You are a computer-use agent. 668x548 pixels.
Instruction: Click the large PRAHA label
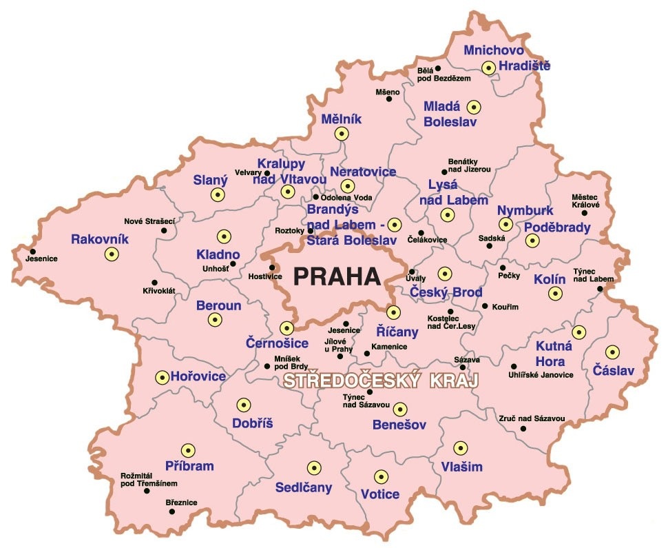(x=337, y=276)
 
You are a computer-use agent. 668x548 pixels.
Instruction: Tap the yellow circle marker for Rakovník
(x=111, y=254)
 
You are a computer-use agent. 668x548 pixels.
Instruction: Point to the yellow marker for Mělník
(x=340, y=134)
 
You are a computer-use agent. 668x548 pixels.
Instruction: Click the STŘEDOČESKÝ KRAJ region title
(x=381, y=381)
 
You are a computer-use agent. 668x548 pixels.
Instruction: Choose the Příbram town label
(x=189, y=466)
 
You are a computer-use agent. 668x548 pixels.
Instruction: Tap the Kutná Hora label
(x=550, y=354)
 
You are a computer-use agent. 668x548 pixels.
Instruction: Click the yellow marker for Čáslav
(x=609, y=351)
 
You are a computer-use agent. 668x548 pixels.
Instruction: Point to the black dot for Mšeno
(x=388, y=99)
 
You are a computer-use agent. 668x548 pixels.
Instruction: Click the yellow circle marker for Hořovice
(x=162, y=377)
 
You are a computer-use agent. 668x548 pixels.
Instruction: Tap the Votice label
(x=379, y=494)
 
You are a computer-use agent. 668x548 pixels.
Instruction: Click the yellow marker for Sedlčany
(x=314, y=468)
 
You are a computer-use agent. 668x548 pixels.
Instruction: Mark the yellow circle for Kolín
(x=555, y=294)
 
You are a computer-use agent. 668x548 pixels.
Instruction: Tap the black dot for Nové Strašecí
(x=164, y=230)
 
